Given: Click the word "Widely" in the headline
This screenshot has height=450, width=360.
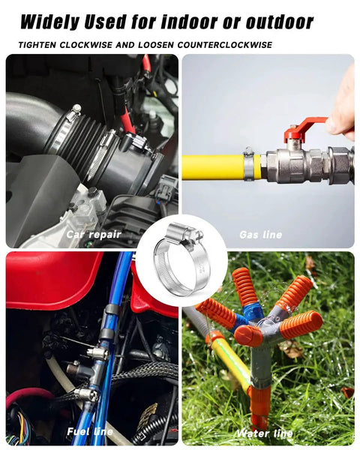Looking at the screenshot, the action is coord(49,22).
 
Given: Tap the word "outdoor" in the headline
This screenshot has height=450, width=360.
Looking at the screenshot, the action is coord(280,21).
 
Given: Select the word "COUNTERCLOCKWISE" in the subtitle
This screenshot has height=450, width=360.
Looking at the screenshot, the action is coord(225,45).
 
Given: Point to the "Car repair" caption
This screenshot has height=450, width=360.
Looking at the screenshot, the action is coord(94,235).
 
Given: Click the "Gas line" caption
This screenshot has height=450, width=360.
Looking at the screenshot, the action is coord(261,235).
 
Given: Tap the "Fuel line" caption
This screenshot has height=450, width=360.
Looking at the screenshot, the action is coord(90,432).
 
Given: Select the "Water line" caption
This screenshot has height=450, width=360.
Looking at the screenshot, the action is coord(265,433).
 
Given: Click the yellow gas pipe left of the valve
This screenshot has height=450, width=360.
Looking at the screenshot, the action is coord(213,167).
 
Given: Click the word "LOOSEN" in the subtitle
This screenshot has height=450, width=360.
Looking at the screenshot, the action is coord(155,45).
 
